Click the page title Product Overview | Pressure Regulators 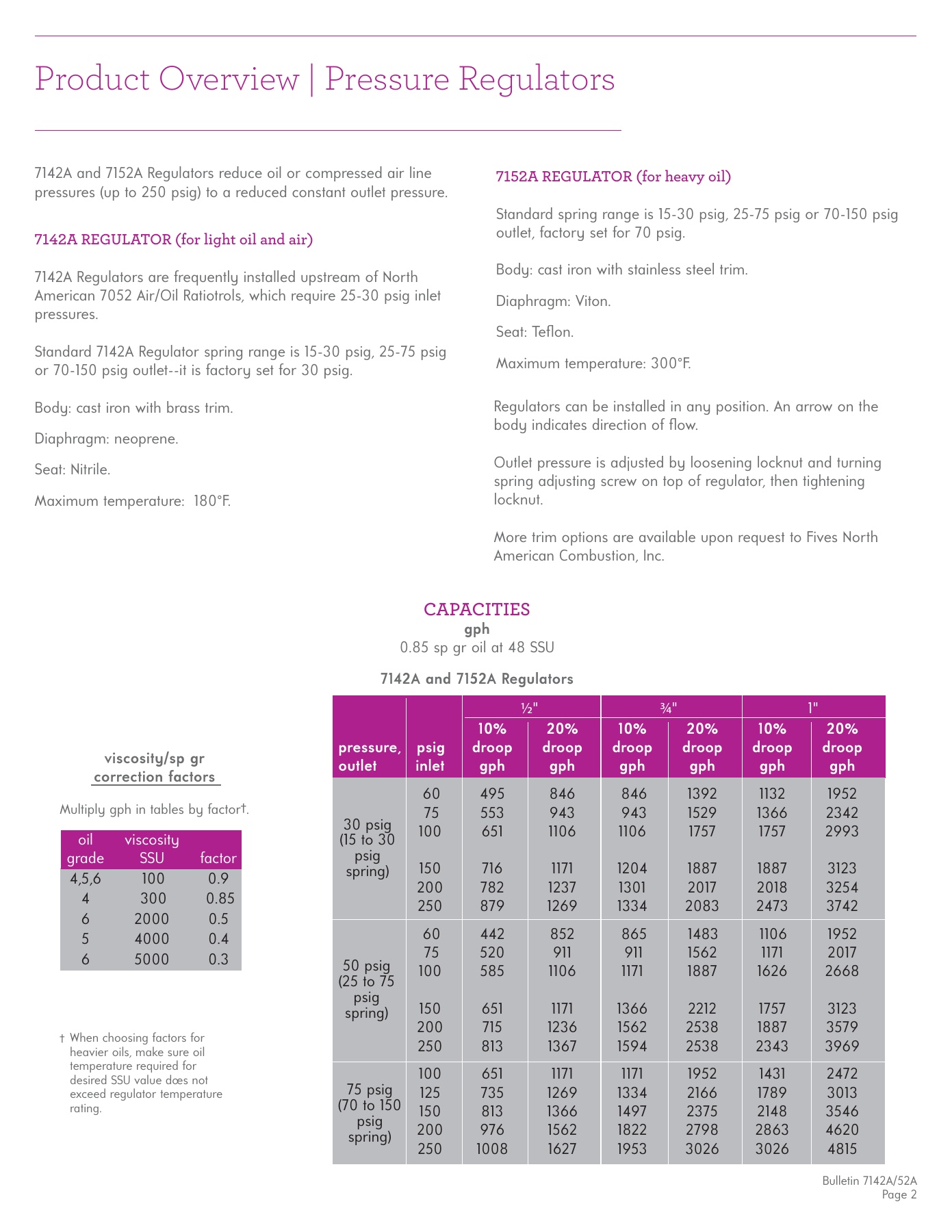point(324,79)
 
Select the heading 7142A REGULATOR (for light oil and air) point(174,240)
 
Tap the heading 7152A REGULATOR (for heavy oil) point(613,177)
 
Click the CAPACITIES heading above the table point(476,609)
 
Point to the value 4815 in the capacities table point(842,1149)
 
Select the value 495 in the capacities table point(492,794)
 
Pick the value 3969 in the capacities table point(842,1046)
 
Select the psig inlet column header point(430,756)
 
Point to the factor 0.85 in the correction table point(220,899)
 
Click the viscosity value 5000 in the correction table point(151,960)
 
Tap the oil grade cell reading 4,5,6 point(86,879)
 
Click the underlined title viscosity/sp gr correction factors point(155,768)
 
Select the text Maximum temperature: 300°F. point(593,363)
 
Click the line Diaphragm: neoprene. point(107,439)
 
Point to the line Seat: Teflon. point(535,333)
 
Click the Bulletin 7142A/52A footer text point(869,1181)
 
